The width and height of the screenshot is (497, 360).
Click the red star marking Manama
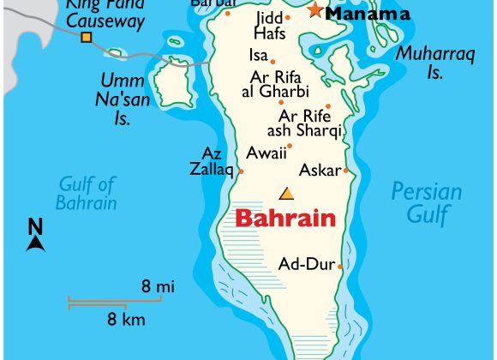pos(315,10)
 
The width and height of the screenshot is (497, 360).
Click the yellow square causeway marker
pos(86,37)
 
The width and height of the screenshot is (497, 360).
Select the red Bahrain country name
pos(284,218)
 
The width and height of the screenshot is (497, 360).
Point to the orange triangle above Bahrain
pos(286,193)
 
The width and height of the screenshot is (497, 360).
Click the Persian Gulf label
pos(426,203)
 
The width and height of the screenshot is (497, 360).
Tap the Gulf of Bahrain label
pos(87,193)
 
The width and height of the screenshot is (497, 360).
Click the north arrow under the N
pos(36,243)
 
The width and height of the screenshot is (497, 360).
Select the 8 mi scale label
pos(158,286)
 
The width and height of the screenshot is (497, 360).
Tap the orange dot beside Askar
pos(345,170)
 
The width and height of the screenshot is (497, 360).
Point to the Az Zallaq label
pos(212,162)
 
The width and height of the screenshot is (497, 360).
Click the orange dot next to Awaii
pos(290,146)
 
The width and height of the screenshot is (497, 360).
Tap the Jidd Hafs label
pos(270,26)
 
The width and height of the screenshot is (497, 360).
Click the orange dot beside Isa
pos(272,62)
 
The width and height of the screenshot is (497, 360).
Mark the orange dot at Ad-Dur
pos(340,266)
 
